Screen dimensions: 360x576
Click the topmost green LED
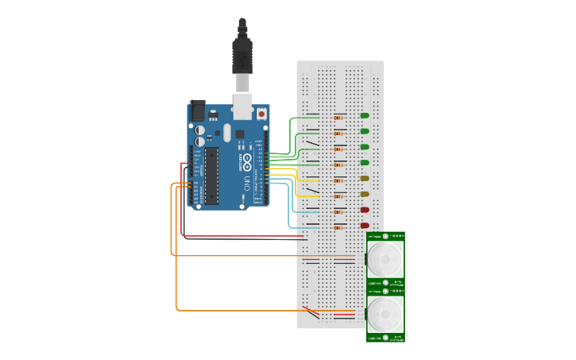click(365, 115)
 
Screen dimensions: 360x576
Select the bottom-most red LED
click(365, 226)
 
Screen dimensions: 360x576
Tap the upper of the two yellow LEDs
click(365, 179)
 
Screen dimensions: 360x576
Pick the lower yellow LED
click(365, 194)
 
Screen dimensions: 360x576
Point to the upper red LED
click(365, 210)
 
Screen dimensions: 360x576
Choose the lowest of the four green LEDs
click(365, 163)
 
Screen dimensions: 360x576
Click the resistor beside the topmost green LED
click(339, 117)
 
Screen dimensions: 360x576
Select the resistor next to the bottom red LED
click(339, 227)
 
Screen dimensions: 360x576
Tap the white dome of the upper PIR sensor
click(385, 259)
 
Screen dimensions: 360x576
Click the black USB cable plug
click(242, 56)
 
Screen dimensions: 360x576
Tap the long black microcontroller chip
click(211, 175)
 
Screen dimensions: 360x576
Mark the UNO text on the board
click(247, 183)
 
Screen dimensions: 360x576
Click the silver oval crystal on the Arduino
click(226, 132)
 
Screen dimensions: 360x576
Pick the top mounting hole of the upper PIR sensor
click(385, 236)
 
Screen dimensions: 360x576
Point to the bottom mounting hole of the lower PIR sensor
click(385, 338)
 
